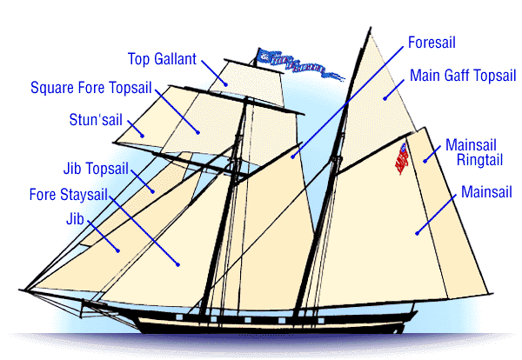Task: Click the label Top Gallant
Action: (163, 59)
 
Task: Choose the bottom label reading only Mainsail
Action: (487, 190)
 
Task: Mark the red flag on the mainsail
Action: (402, 157)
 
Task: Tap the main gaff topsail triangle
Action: (384, 98)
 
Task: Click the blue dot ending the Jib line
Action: (119, 249)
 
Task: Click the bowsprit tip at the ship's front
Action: (19, 288)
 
